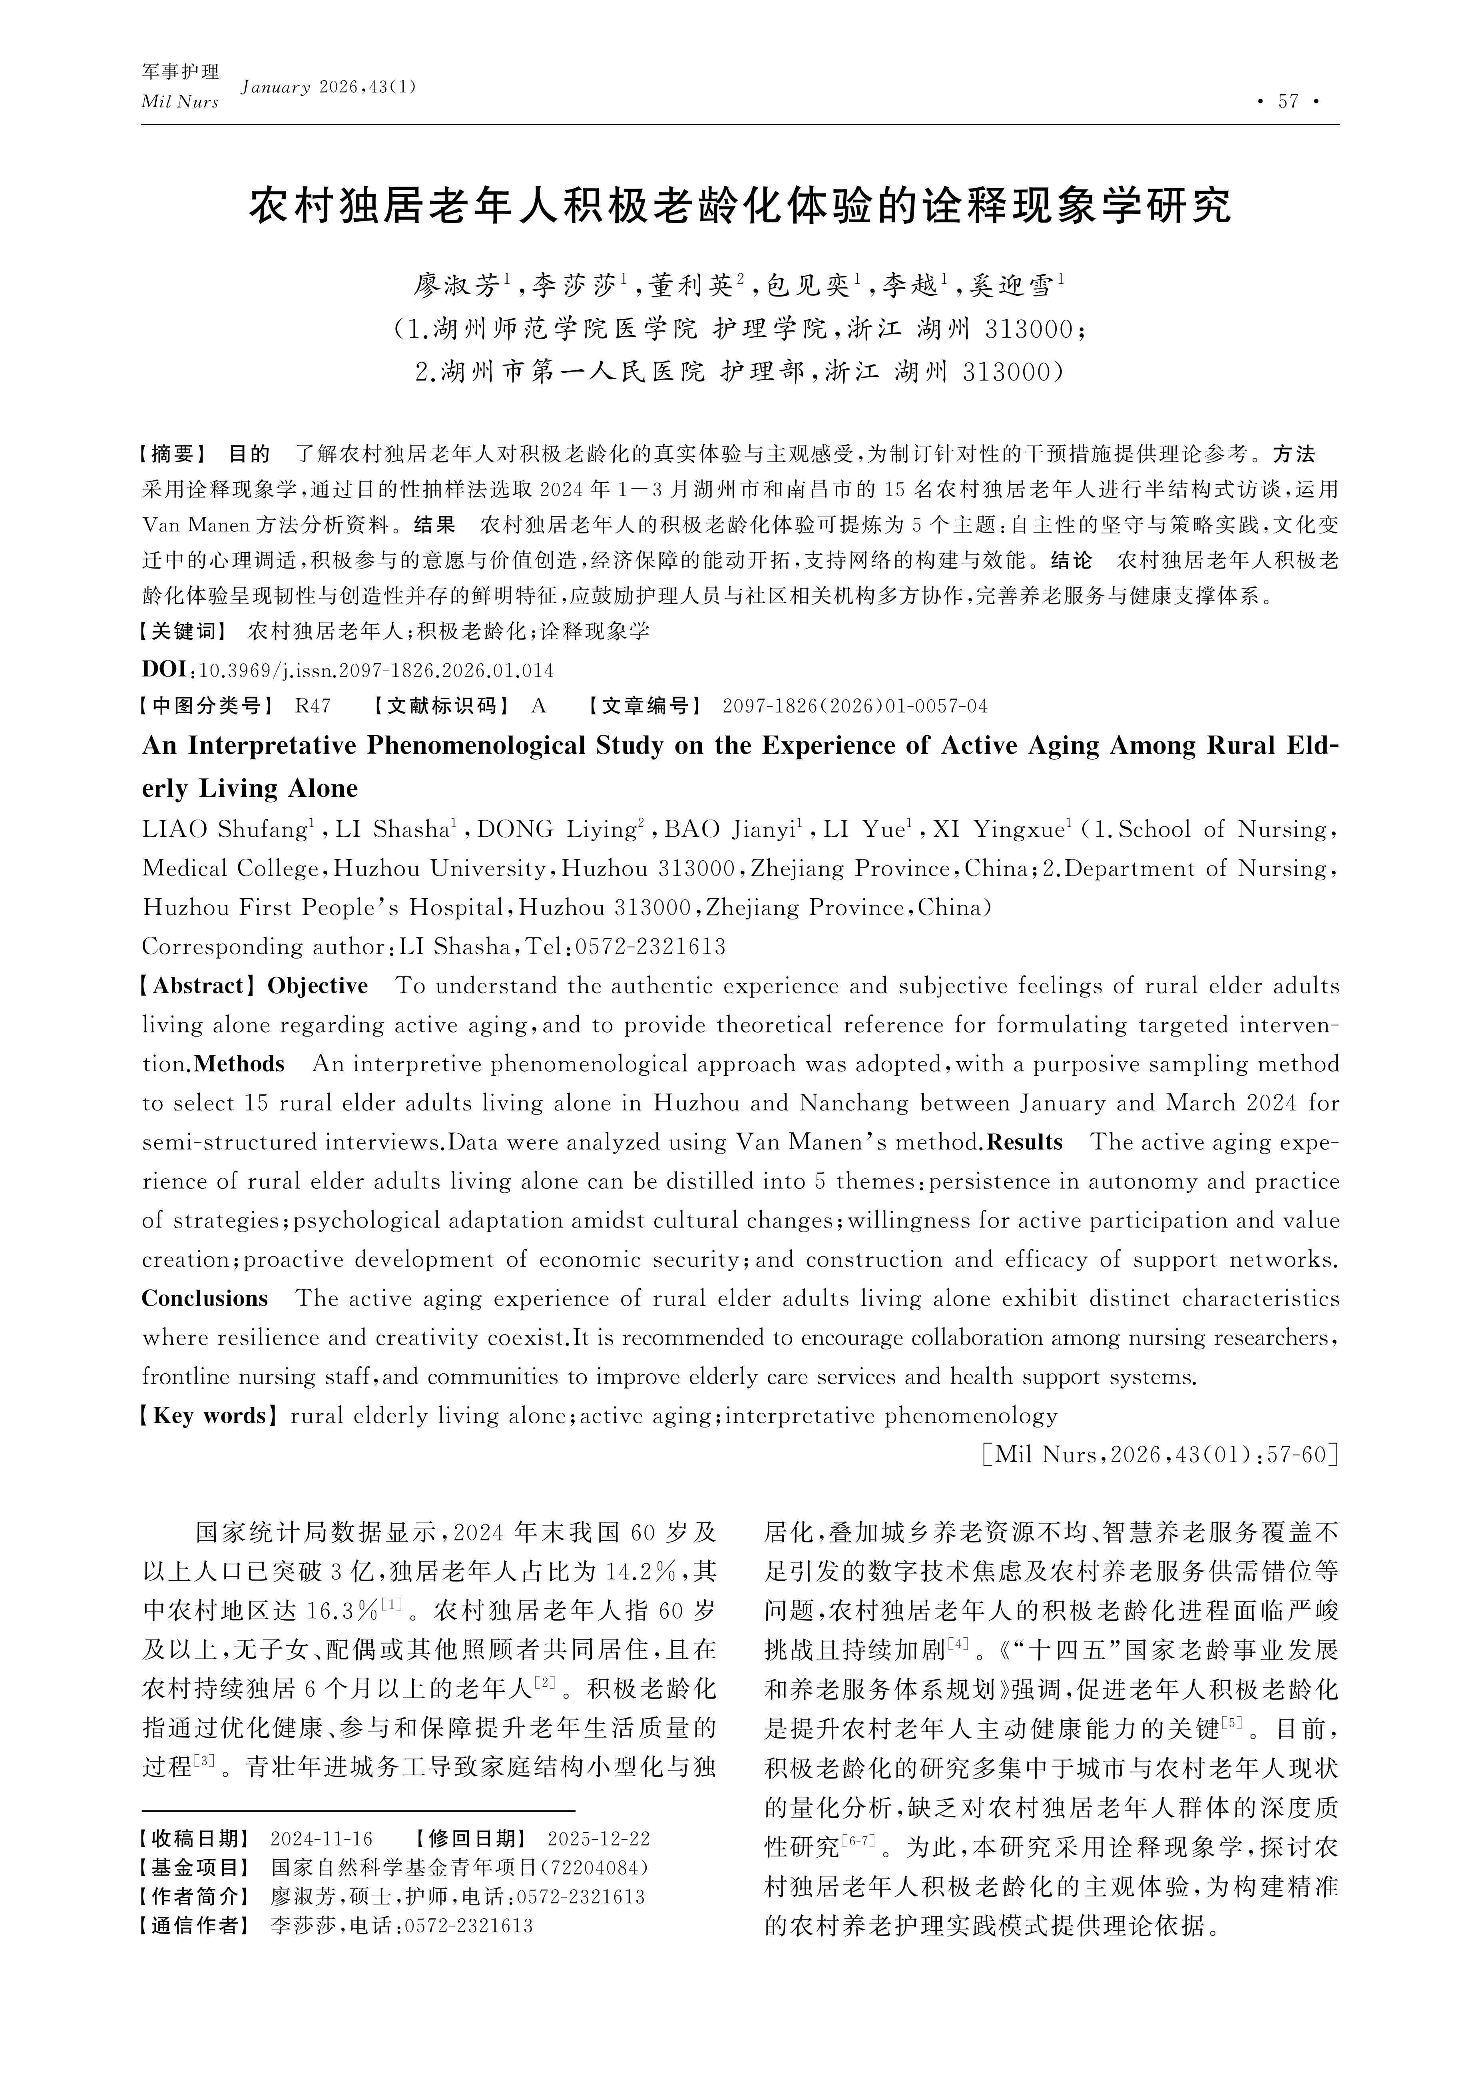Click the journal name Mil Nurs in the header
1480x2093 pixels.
(179, 102)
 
